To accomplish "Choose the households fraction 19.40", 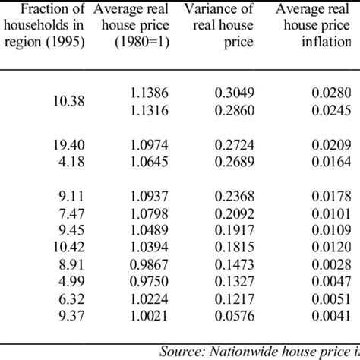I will pyautogui.click(x=44, y=144).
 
